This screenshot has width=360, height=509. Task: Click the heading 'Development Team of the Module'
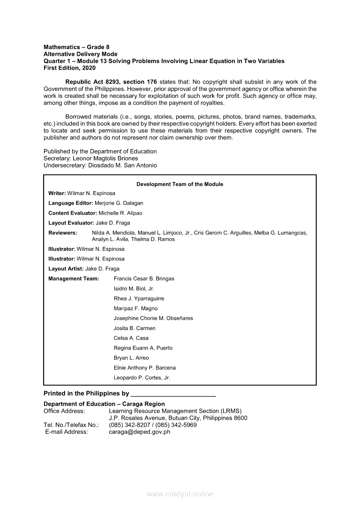pos(180,184)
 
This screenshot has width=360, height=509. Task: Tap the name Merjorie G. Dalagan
pos(119,203)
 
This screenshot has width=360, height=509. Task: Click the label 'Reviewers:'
pos(63,233)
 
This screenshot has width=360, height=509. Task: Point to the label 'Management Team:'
pos(74,279)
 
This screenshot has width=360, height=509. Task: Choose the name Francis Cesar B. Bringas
pos(144,279)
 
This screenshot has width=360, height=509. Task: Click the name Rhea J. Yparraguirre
pos(139,299)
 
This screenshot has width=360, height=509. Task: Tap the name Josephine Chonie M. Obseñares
pos(153,318)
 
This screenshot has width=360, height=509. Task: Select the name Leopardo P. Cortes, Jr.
pos(142,378)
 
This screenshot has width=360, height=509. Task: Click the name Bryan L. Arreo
pos(131,358)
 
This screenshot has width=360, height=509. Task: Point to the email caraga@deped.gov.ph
pos(139,432)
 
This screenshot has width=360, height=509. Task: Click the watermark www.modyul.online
pos(180,494)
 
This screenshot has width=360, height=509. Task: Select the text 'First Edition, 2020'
pos(69,68)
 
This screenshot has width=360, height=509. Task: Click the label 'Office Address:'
pos(64,411)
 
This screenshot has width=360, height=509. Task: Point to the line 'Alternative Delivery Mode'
pos(81,54)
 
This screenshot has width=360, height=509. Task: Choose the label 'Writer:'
pos(57,193)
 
